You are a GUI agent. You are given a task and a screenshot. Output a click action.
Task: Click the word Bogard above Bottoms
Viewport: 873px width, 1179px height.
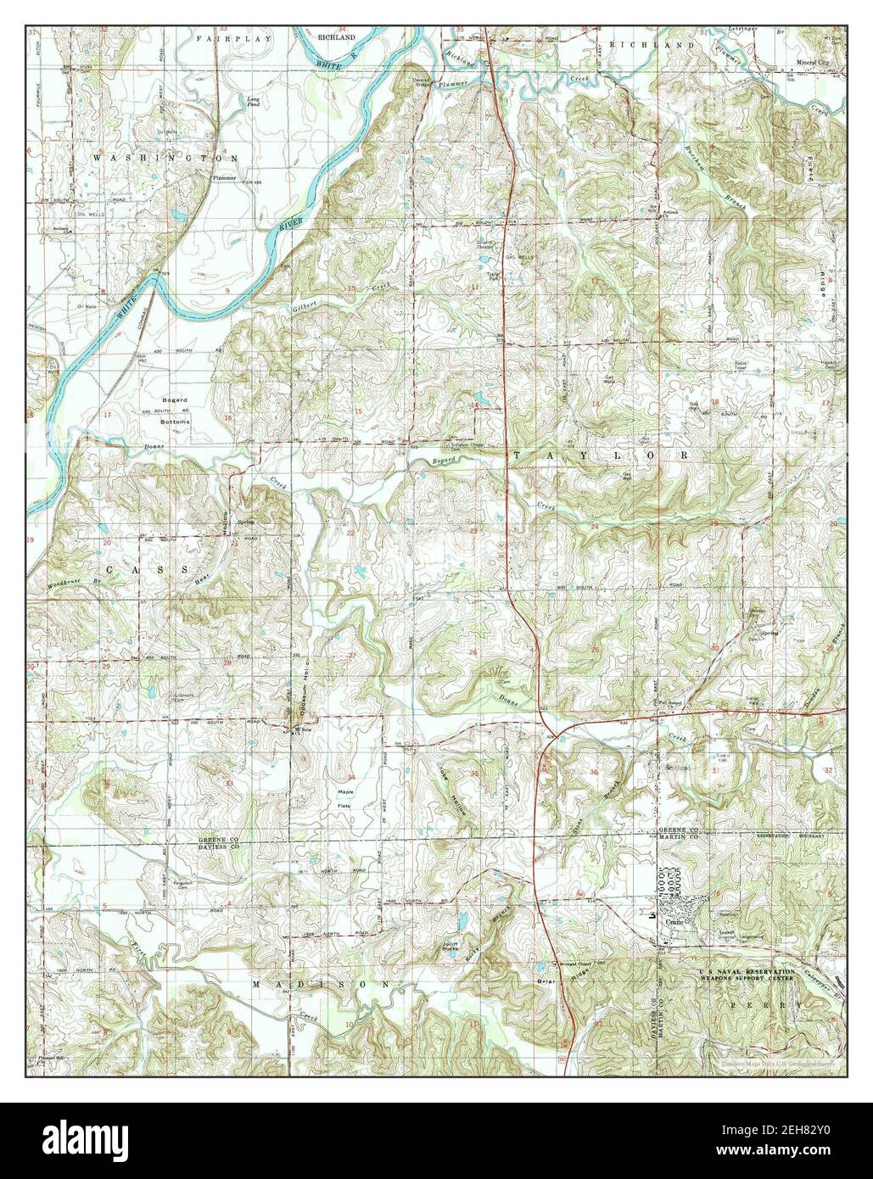[175, 399]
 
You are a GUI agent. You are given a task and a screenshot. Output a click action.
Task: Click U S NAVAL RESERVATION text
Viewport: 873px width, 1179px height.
[747, 970]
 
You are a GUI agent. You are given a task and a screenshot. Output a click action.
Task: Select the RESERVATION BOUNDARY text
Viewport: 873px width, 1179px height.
[792, 835]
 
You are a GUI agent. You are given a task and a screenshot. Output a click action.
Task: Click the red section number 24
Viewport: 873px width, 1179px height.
[595, 528]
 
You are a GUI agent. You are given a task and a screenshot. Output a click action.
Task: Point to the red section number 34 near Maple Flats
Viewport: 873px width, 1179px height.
[350, 777]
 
